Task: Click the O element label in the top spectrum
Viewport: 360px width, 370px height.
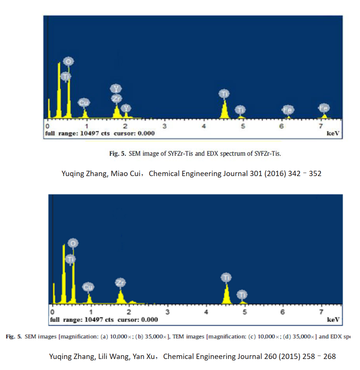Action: click(x=68, y=61)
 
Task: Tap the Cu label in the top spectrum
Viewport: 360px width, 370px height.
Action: click(x=84, y=102)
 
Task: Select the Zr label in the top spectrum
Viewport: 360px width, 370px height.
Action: click(x=116, y=99)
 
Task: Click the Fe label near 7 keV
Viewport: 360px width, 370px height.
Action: click(x=324, y=108)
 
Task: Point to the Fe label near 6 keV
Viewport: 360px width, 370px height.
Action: click(x=288, y=110)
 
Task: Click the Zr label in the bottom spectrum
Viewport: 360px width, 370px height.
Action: click(x=121, y=283)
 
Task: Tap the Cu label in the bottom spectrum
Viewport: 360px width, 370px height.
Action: click(x=88, y=287)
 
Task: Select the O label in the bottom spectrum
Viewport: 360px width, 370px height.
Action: click(x=73, y=243)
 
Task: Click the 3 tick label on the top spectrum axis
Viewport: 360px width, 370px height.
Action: click(x=164, y=126)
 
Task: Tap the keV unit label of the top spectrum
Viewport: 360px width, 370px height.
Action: click(x=332, y=134)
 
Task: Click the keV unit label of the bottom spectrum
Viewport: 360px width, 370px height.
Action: click(x=333, y=320)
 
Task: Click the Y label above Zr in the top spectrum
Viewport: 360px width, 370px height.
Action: click(x=116, y=89)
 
